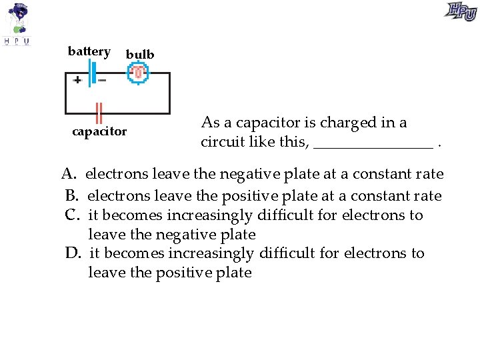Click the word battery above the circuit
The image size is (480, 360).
[89, 52]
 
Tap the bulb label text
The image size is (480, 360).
[140, 55]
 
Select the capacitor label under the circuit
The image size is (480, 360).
[99, 131]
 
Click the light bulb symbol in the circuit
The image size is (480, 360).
[138, 72]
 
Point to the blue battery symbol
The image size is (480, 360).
[92, 73]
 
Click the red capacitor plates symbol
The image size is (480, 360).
[99, 113]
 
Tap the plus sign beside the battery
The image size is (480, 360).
[77, 80]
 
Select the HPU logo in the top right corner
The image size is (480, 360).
[461, 11]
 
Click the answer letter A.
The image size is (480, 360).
[68, 175]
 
